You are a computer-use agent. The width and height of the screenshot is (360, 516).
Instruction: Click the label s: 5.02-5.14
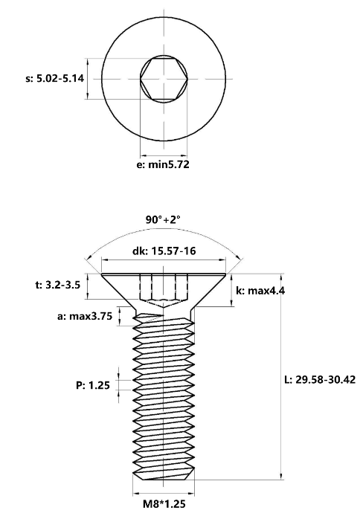54,79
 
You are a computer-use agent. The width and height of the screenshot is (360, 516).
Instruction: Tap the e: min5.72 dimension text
163,164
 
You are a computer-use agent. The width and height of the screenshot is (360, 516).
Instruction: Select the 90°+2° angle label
163,219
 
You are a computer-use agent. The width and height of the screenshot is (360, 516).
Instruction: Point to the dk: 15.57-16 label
164,251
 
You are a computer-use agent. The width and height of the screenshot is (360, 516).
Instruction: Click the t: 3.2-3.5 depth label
57,285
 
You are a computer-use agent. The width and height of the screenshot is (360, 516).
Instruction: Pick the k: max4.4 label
260,291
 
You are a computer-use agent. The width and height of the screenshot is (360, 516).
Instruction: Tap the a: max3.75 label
85,316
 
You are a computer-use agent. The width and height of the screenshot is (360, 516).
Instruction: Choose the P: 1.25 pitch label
93,385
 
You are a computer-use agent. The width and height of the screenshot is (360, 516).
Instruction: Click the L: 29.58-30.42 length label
320,379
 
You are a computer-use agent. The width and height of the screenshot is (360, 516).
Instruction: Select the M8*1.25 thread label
164,504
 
